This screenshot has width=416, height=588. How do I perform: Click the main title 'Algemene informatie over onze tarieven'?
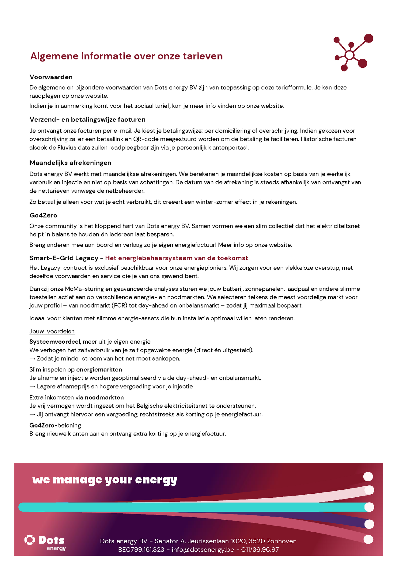coord(126,56)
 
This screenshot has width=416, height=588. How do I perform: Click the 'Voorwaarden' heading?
coord(51,77)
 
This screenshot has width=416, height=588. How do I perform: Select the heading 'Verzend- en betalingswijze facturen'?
coord(87,120)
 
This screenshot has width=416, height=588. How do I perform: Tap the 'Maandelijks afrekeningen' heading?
coord(70,163)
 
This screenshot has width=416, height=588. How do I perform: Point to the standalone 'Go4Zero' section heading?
coord(43,215)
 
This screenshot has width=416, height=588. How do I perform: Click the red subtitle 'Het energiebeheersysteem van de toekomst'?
coord(176,258)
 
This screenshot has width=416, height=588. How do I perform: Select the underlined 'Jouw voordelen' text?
coord(52,331)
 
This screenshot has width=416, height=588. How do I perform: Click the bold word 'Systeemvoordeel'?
coord(55,342)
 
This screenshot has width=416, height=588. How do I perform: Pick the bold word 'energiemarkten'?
coord(99,370)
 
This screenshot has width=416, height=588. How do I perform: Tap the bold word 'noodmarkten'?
coord(104,398)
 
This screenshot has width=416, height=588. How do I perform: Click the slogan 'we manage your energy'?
coord(104,480)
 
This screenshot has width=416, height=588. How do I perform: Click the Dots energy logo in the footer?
coord(45,543)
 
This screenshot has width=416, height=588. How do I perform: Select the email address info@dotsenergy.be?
coord(203,550)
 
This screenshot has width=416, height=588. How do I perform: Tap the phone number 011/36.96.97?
coord(260,550)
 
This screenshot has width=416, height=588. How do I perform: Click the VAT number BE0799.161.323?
coord(141,550)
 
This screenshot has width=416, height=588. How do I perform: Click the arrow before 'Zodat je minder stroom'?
coord(32,359)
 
